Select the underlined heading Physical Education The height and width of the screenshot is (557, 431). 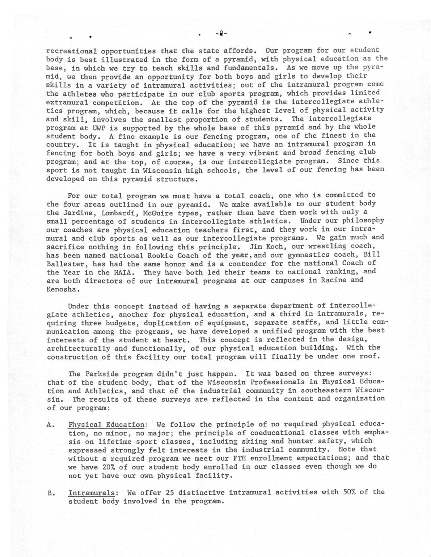coord(106,425)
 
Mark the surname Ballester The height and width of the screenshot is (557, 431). coord(66,264)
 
